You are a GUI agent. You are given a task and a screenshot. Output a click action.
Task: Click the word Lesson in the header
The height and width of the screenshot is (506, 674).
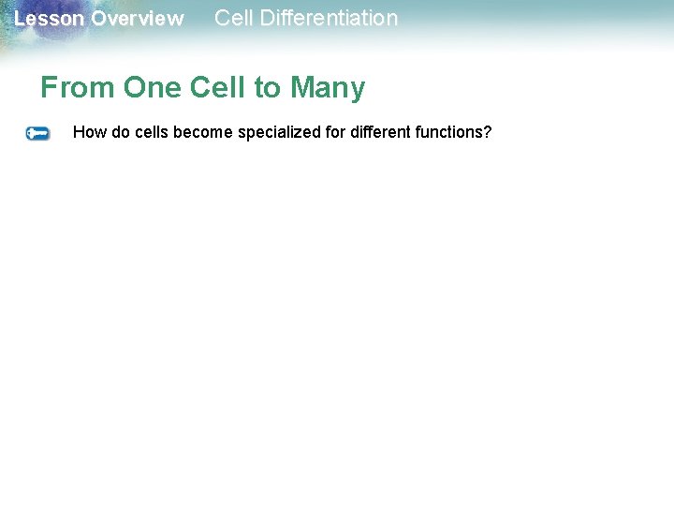point(50,19)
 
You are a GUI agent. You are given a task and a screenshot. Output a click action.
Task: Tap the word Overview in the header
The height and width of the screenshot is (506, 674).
point(138,19)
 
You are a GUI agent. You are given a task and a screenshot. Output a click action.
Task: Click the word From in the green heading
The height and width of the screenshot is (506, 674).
point(78,88)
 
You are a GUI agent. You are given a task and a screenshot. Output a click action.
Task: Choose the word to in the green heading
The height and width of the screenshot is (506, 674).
point(268,88)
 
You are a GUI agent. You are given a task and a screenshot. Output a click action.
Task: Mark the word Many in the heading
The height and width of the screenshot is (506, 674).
point(328,88)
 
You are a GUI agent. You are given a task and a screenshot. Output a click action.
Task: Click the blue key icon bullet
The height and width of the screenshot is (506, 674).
point(38,133)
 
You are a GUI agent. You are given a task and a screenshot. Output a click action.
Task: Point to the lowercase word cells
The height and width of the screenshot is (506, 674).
point(152,132)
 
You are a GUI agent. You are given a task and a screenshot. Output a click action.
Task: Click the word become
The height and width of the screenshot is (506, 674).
point(203,132)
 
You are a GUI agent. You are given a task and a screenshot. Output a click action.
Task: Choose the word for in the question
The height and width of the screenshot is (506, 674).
point(336,132)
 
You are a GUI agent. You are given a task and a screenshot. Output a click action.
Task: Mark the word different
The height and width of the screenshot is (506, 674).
point(379,132)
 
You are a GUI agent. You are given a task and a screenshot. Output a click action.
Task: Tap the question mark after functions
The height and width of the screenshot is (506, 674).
point(487,132)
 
